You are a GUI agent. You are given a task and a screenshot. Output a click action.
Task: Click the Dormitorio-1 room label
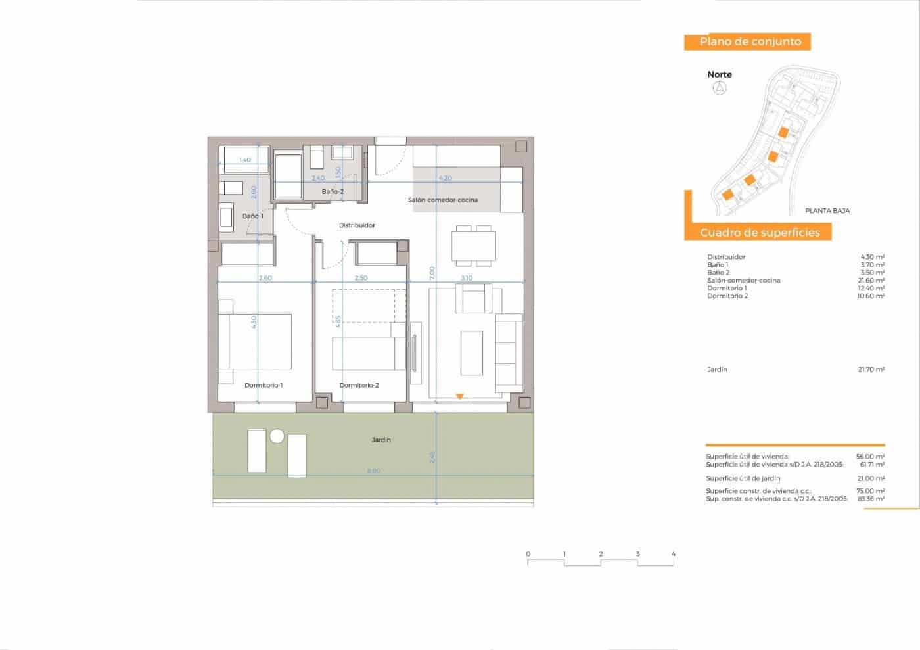pyautogui.click(x=264, y=385)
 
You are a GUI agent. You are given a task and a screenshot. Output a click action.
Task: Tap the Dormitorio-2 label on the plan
pyautogui.click(x=359, y=385)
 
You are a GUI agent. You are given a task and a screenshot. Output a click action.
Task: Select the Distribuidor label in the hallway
pyautogui.click(x=357, y=225)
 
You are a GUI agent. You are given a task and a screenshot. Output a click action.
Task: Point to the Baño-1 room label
pyautogui.click(x=253, y=216)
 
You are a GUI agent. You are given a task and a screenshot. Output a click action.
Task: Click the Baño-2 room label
pyautogui.click(x=333, y=192)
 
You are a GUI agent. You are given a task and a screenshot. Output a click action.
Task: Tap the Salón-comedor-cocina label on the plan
pyautogui.click(x=443, y=200)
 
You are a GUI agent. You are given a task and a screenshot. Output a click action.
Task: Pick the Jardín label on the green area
pyautogui.click(x=381, y=440)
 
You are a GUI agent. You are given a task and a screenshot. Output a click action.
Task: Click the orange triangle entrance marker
pyautogui.click(x=460, y=396)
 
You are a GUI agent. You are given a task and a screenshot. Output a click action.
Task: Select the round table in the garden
pyautogui.click(x=277, y=436)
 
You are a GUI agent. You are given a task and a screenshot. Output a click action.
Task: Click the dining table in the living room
pyautogui.click(x=473, y=246)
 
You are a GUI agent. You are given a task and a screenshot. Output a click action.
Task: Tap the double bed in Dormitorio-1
pyautogui.click(x=260, y=341)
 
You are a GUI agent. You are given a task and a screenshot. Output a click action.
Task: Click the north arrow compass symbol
pyautogui.click(x=720, y=88)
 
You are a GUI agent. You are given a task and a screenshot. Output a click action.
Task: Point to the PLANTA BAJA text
pyautogui.click(x=827, y=211)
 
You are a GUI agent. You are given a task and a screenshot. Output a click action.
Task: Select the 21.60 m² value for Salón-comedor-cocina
pyautogui.click(x=871, y=281)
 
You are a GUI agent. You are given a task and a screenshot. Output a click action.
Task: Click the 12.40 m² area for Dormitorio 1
pyautogui.click(x=871, y=289)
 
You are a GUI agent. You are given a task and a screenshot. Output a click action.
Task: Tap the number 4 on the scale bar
pyautogui.click(x=674, y=554)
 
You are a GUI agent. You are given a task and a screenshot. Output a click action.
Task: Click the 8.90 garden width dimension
pyautogui.click(x=373, y=471)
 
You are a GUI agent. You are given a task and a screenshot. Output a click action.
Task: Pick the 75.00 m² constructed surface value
pyautogui.click(x=871, y=491)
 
